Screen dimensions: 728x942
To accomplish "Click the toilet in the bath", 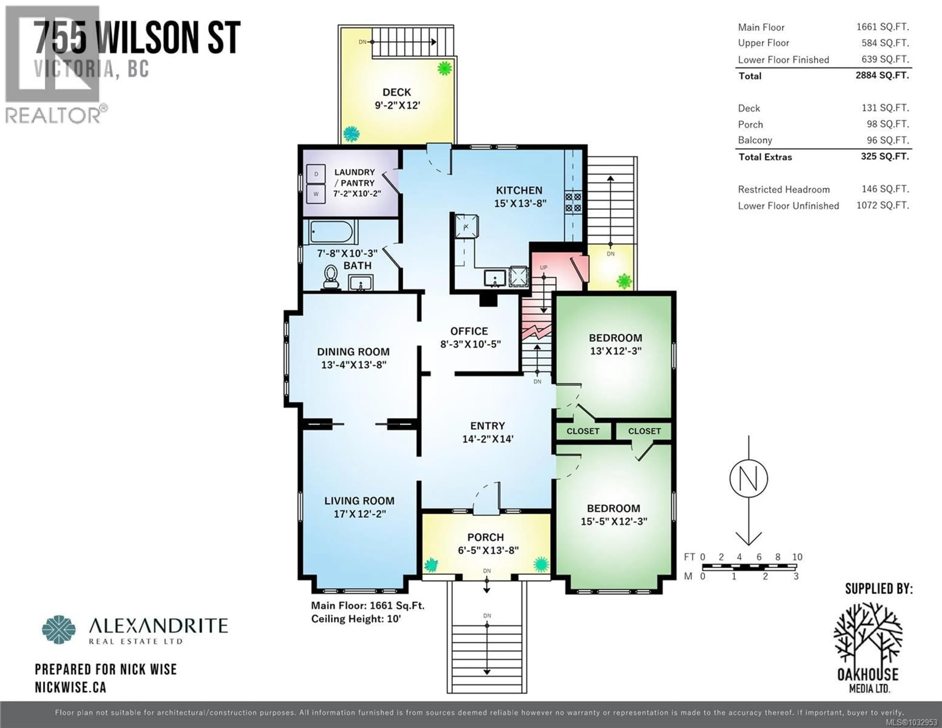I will click(331, 277).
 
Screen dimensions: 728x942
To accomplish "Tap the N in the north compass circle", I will click(748, 479).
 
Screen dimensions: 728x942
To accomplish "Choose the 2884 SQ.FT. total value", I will click(882, 76).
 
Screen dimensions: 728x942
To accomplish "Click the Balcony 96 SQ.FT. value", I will click(885, 140).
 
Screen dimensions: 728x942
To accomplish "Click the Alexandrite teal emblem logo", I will click(59, 630).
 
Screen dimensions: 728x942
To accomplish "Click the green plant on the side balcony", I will click(624, 281).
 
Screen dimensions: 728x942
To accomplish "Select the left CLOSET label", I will click(583, 431).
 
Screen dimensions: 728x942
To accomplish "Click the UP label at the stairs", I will click(543, 267).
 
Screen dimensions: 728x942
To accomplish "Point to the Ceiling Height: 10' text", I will click(356, 619).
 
